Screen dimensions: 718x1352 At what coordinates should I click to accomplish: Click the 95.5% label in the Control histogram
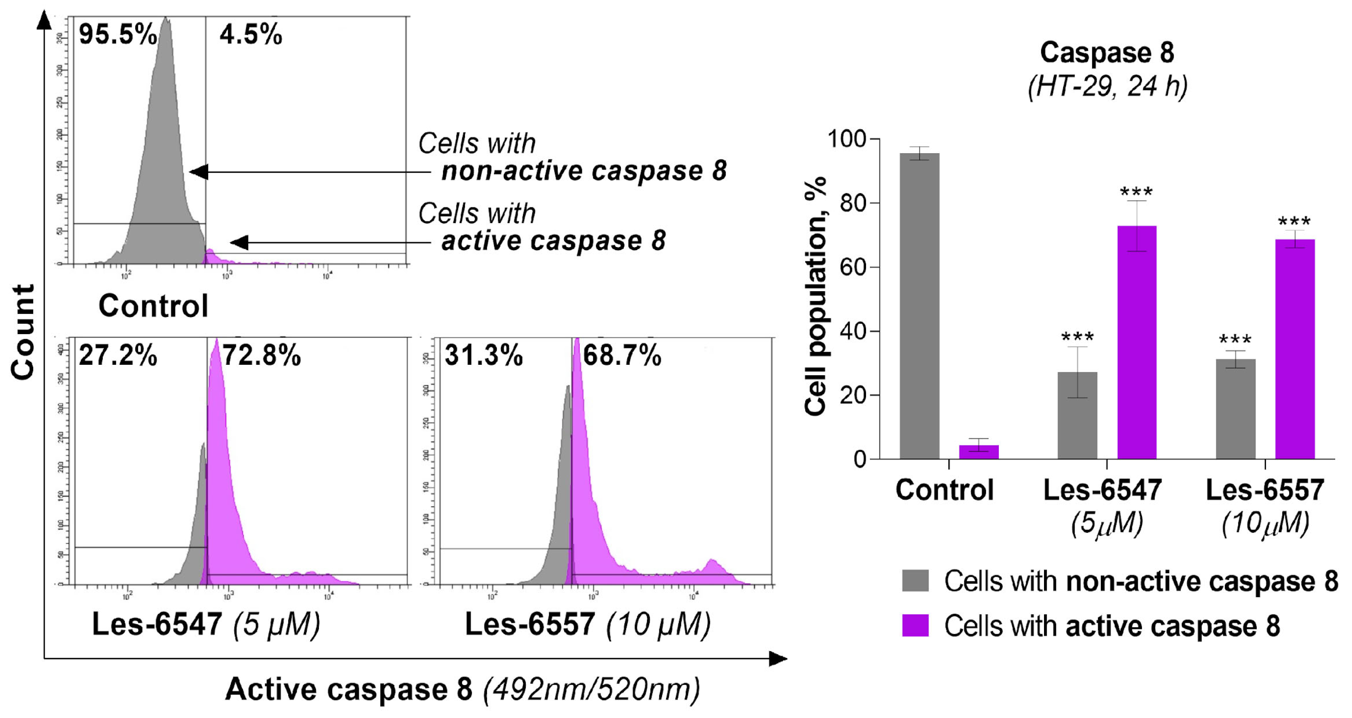coord(118,35)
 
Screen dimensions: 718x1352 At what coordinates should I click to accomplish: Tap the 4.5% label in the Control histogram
coord(250,35)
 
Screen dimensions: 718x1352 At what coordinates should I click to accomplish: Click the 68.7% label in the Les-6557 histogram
coord(622,355)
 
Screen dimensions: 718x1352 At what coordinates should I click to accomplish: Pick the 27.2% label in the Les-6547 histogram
coord(118,356)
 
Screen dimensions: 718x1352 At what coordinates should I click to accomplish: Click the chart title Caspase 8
coord(1107,53)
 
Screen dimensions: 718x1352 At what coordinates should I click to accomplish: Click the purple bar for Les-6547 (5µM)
coord(1137,342)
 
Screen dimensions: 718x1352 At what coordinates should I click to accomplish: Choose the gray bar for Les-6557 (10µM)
coord(1235,409)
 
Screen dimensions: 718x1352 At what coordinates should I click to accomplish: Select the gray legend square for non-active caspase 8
coord(915,581)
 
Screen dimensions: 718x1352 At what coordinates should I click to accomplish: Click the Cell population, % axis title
coord(815,296)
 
